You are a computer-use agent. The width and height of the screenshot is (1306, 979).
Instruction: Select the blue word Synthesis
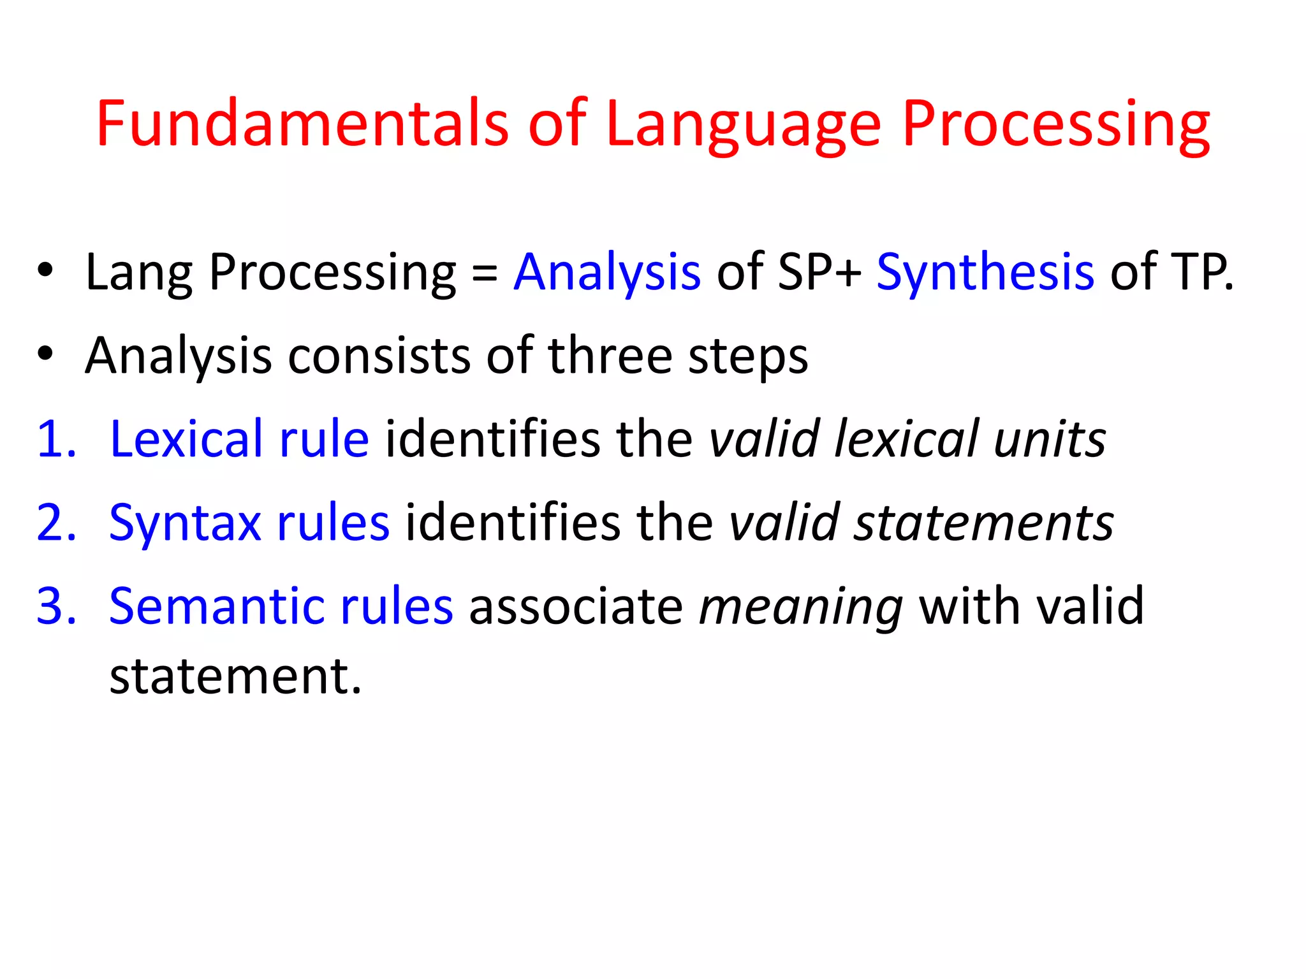coord(985,272)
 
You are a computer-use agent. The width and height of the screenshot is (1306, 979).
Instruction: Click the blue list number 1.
coord(56,439)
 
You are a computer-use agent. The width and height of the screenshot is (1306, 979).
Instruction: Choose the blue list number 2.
coord(56,523)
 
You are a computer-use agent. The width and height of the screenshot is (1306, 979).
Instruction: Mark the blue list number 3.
coord(56,606)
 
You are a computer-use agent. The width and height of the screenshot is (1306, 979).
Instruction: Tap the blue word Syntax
coord(185,525)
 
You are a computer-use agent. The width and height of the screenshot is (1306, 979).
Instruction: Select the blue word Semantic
coord(217,606)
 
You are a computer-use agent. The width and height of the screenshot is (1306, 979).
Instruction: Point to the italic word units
coord(1050,439)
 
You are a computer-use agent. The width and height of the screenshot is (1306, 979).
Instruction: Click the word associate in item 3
coord(576,606)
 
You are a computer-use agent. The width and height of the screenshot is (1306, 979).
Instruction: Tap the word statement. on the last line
coord(235,676)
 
